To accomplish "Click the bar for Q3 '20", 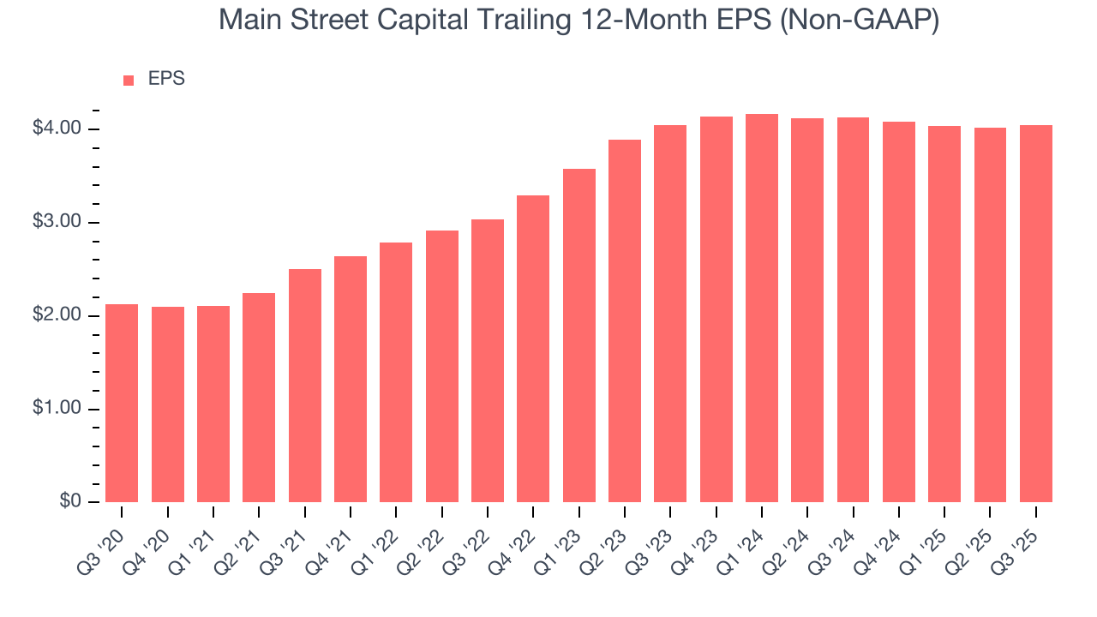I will [x=122, y=403].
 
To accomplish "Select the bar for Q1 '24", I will [x=762, y=308].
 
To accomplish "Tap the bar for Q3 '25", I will [x=1036, y=314].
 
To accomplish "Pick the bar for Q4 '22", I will [x=533, y=349].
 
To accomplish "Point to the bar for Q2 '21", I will [x=259, y=398].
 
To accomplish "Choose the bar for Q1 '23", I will [x=579, y=335].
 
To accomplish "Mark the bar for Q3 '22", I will [x=488, y=361].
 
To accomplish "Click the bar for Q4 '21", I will [x=351, y=379].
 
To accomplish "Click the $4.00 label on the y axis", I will [x=57, y=129].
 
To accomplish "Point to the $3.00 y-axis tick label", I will [x=57, y=222].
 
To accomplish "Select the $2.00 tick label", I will [x=57, y=315].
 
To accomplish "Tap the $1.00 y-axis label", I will [x=57, y=409].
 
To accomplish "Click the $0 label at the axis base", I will [x=69, y=502].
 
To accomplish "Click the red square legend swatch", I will [x=129, y=81].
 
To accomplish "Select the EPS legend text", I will [x=166, y=79].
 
